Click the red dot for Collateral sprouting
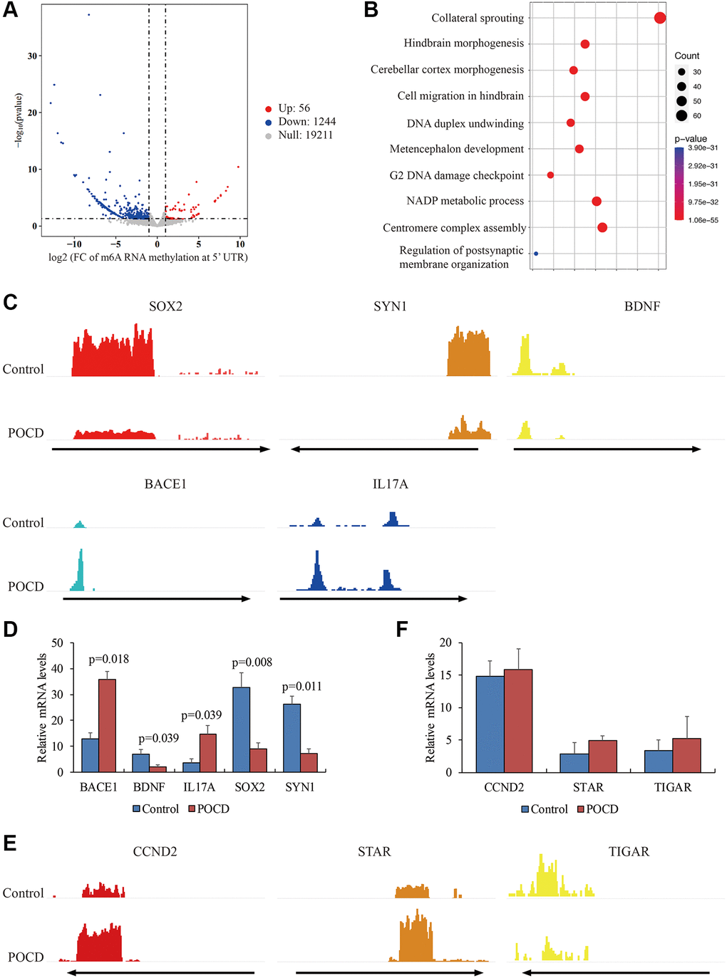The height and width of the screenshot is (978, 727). tap(660, 18)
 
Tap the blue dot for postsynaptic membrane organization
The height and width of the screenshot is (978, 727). tap(536, 254)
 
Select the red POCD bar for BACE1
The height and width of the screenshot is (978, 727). tap(107, 725)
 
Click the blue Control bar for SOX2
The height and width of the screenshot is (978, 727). tap(242, 729)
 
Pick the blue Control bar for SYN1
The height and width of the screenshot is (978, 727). tap(292, 737)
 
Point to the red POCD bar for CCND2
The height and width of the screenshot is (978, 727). tap(518, 720)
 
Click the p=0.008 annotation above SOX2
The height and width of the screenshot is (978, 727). tap(252, 662)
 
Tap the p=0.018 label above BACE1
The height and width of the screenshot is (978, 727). tap(108, 659)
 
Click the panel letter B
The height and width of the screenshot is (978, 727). tap(371, 10)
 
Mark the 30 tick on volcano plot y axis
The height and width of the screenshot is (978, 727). tap(32, 56)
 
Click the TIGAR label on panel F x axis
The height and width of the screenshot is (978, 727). tap(673, 787)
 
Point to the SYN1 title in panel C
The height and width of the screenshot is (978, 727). tap(390, 306)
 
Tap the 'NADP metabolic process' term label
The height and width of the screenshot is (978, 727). tap(465, 201)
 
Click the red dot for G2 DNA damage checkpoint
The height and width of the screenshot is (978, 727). tap(550, 175)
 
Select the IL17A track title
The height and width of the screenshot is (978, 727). tap(390, 484)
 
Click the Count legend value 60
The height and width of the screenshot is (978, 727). tap(696, 115)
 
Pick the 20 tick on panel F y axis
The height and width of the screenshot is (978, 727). tap(445, 643)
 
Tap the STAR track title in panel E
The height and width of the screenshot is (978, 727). tap(374, 852)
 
